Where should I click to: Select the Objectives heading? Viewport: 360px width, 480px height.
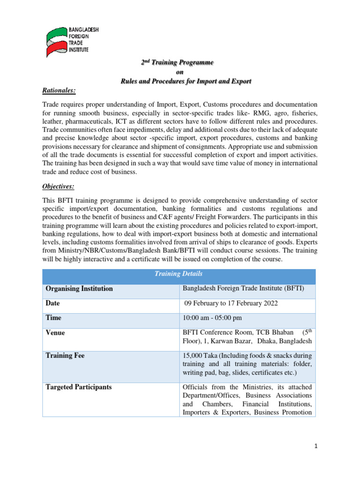(58, 187)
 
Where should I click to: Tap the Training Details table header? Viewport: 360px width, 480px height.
(179, 273)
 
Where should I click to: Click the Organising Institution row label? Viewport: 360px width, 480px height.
(79, 289)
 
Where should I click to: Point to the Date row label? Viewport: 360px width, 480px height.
(52, 303)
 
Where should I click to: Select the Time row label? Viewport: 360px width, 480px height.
(53, 318)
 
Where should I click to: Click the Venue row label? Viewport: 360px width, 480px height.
(55, 333)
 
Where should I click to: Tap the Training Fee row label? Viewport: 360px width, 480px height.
(65, 356)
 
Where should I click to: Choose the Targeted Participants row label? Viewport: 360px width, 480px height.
(79, 387)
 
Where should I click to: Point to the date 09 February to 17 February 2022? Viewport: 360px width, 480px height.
(231, 303)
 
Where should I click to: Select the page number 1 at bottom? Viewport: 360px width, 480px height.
(316, 447)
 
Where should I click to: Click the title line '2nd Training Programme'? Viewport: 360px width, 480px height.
(178, 62)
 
